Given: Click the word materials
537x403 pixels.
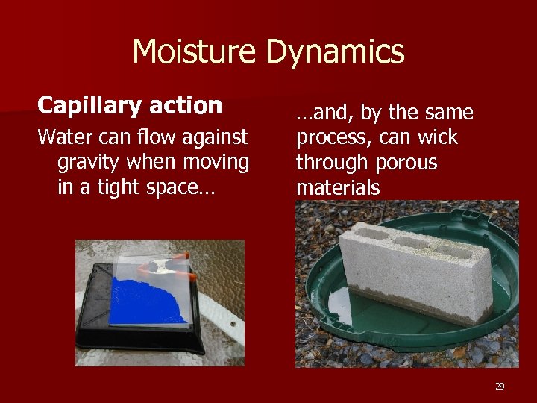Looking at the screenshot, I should (338, 187).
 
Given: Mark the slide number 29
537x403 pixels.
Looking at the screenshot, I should (500, 386).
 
